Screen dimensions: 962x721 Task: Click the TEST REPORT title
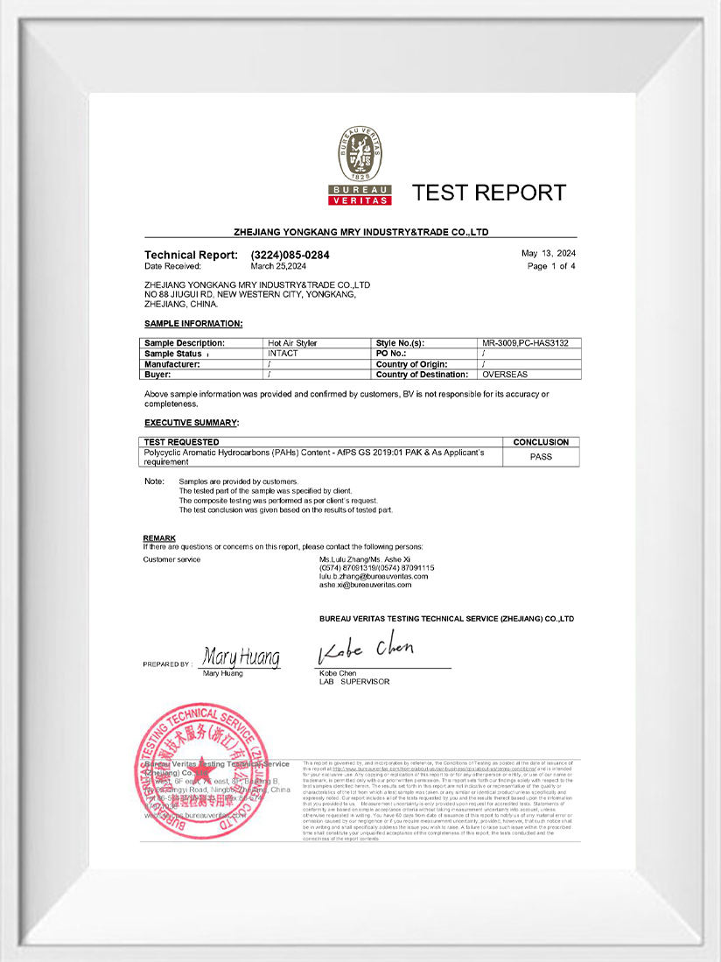point(488,193)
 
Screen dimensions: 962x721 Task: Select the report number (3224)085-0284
point(290,255)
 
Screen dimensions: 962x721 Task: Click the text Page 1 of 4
point(551,265)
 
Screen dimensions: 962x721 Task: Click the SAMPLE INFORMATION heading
point(193,324)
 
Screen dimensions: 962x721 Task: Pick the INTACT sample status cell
point(283,353)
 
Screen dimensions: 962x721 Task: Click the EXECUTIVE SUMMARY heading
point(191,423)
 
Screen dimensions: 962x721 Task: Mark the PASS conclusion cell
point(541,457)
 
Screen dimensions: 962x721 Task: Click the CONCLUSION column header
point(541,442)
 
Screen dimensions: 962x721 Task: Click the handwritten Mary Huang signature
point(241,657)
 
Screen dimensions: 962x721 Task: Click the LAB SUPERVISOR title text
point(354,681)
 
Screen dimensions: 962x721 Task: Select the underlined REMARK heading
point(159,537)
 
